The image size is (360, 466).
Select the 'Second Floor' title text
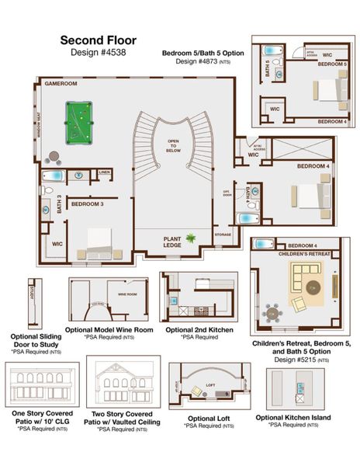pyautogui.click(x=99, y=40)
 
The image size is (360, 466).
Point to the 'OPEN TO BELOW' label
pyautogui.click(x=172, y=144)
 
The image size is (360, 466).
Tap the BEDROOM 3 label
pyautogui.click(x=87, y=203)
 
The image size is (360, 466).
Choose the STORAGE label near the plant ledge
pyautogui.click(x=223, y=234)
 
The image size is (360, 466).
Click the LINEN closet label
pyautogui.click(x=104, y=172)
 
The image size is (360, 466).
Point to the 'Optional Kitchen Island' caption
pyautogui.click(x=293, y=417)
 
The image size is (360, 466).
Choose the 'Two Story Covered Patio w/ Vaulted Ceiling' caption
pyautogui.click(x=123, y=418)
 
